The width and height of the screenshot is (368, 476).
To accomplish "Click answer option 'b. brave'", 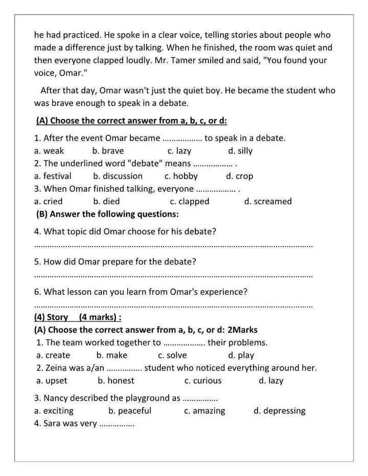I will tap(108, 151).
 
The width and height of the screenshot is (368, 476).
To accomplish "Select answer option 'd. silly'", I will tap(240, 151).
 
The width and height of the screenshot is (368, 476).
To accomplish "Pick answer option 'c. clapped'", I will tap(190, 201).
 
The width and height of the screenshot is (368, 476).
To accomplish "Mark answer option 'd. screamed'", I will tap(268, 201).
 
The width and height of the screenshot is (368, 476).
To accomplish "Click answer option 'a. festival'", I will tap(53, 176).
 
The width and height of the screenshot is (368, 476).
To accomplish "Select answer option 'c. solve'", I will tap(172, 355).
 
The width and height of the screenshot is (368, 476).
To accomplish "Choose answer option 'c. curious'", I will tap(203, 380).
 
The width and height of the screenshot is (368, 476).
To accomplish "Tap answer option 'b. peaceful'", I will tap(130, 411).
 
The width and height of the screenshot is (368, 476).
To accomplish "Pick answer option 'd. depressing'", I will tap(279, 411).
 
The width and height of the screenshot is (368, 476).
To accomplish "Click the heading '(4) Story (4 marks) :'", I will tap(78, 317).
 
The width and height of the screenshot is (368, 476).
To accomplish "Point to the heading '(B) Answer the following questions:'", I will tap(107, 214).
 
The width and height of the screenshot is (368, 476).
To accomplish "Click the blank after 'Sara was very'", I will tap(117, 424).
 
